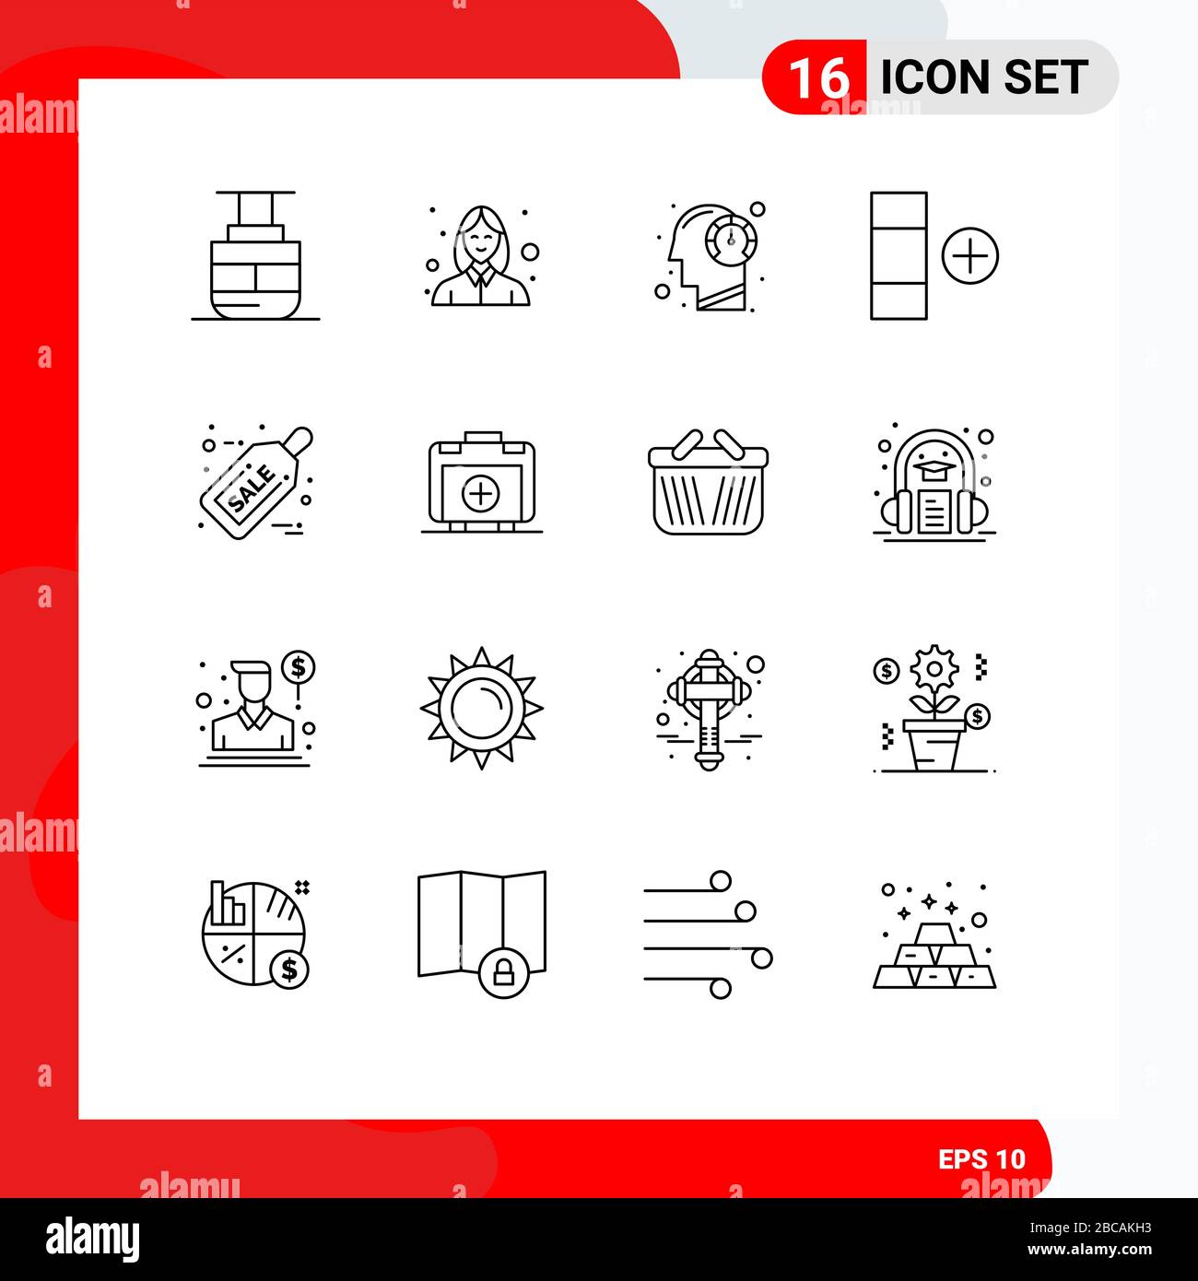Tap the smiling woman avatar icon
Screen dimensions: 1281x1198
[481, 256]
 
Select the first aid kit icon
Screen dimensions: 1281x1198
[481, 483]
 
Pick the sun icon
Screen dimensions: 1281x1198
[481, 708]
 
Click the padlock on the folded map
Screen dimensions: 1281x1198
[503, 972]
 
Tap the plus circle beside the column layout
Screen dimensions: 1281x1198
[969, 256]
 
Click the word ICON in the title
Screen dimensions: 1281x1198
[935, 77]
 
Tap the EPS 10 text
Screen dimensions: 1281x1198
[981, 1158]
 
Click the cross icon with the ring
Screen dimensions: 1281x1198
[708, 708]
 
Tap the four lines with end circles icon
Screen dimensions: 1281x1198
[708, 934]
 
